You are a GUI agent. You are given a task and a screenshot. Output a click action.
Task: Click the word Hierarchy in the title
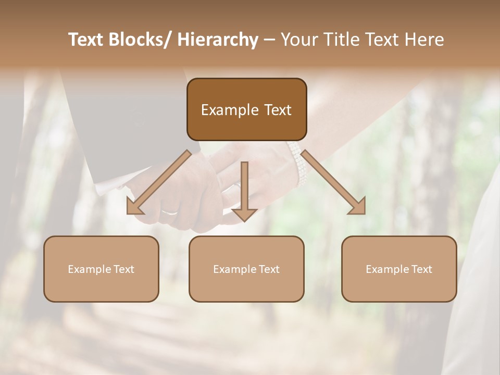click(x=217, y=40)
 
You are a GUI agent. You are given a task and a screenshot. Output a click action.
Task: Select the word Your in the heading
click(x=299, y=40)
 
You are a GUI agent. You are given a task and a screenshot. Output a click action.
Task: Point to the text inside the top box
click(x=246, y=110)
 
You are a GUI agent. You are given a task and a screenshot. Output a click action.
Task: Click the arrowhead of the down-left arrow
click(x=134, y=207)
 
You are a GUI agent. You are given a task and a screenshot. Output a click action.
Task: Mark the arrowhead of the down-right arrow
click(x=358, y=207)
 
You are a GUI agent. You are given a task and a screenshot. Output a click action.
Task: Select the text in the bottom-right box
click(x=399, y=269)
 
